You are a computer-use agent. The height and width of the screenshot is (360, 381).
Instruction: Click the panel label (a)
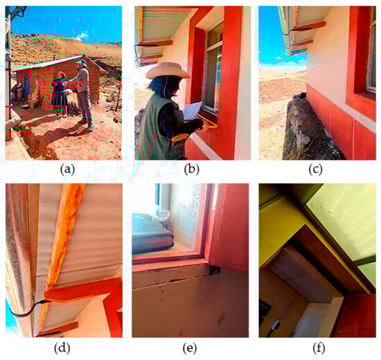pyautogui.click(x=67, y=170)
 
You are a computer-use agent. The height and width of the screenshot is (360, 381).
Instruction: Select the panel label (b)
pyautogui.click(x=192, y=170)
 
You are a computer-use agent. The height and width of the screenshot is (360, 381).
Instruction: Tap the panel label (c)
pyautogui.click(x=315, y=170)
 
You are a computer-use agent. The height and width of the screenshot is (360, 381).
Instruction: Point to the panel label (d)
pyautogui.click(x=62, y=348)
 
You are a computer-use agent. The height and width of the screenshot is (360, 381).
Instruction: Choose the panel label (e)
pyautogui.click(x=190, y=348)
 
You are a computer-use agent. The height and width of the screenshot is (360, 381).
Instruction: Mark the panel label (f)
pyautogui.click(x=319, y=348)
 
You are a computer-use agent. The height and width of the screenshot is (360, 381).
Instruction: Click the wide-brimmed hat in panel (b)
pyautogui.click(x=168, y=71)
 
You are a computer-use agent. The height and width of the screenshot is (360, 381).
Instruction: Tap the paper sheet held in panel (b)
pyautogui.click(x=193, y=111)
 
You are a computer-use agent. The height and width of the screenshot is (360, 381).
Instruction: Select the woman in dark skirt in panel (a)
pyautogui.click(x=60, y=93)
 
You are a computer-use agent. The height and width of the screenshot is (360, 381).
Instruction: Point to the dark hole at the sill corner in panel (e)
pyautogui.click(x=214, y=269)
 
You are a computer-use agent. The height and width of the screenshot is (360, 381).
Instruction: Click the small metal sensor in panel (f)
pyautogui.click(x=275, y=325)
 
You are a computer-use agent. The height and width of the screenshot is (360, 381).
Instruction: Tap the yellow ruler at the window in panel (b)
pyautogui.click(x=206, y=121)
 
